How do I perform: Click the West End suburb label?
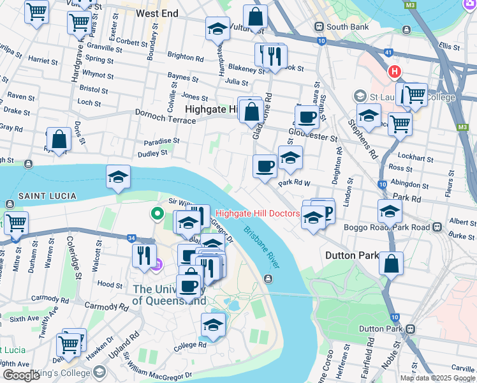pos(157,13)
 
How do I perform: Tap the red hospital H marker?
pos(395,71)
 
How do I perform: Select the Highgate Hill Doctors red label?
pos(258,213)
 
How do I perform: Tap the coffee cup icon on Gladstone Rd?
pos(265,166)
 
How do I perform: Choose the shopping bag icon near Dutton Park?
pos(391,262)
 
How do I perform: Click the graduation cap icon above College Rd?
pos(213,324)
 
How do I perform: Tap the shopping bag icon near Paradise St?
pos(59,139)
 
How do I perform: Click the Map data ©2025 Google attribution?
pos(437,378)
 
